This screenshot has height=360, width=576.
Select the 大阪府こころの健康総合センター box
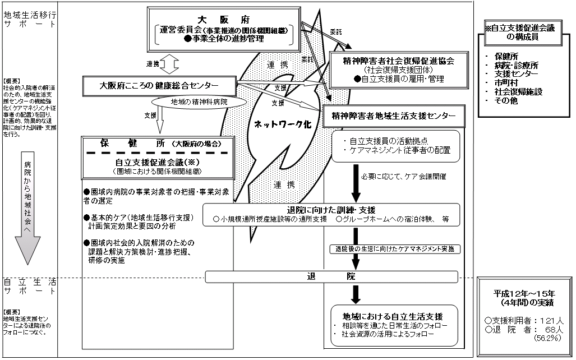tap(159, 86)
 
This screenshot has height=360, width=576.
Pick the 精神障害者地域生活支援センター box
tap(398, 116)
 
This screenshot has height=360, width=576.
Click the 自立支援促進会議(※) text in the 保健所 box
tap(157, 161)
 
